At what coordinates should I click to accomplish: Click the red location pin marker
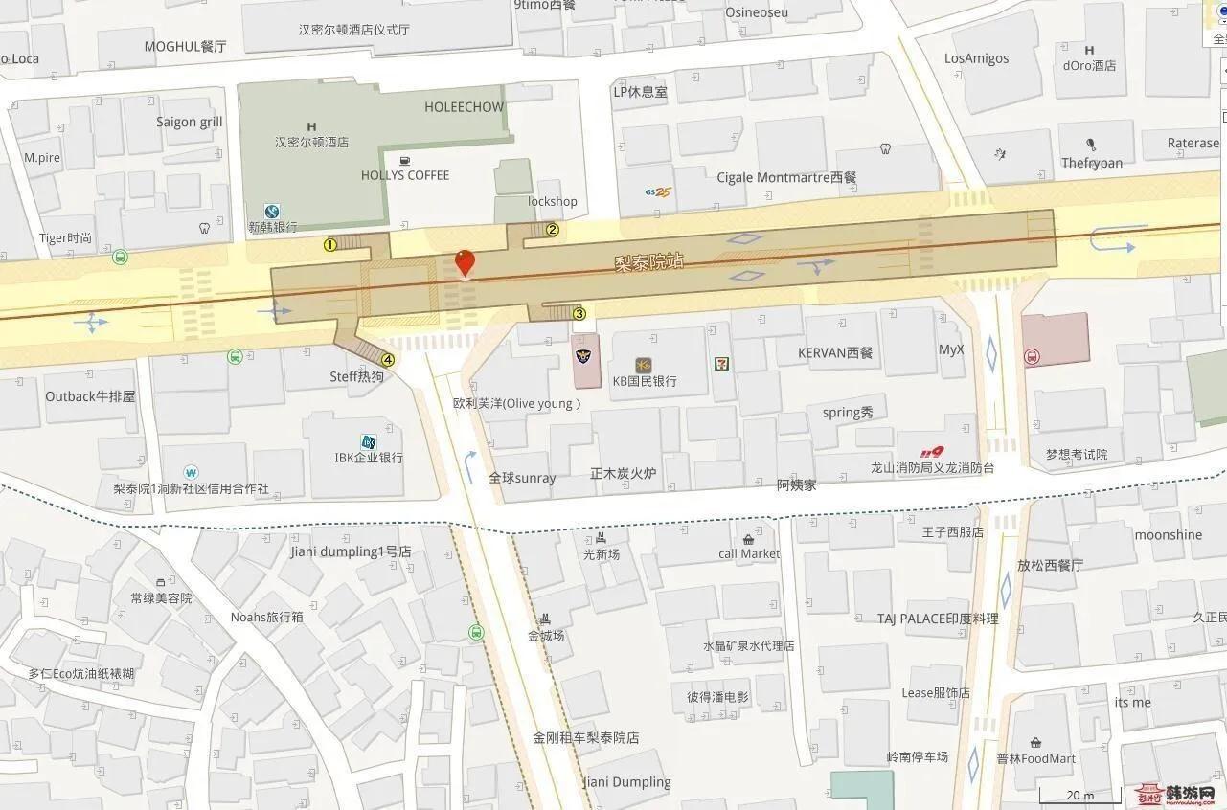coord(465,261)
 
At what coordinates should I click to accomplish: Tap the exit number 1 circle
coord(329,244)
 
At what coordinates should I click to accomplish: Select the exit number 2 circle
coord(552,230)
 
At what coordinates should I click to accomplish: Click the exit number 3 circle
coord(579,313)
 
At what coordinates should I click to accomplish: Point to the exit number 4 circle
coord(387,360)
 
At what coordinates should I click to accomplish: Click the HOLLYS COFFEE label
coord(404,175)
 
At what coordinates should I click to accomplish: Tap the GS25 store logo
coord(656,192)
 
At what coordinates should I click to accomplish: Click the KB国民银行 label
coord(645,381)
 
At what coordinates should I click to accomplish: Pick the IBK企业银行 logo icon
coord(368,441)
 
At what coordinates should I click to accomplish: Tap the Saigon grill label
coord(190,122)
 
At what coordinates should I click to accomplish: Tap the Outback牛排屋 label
coord(90,396)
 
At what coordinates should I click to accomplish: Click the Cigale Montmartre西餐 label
coord(786,177)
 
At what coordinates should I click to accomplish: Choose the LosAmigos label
coord(976,58)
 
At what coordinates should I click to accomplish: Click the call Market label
coord(749,553)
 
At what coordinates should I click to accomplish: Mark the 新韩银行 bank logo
coord(272,212)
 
